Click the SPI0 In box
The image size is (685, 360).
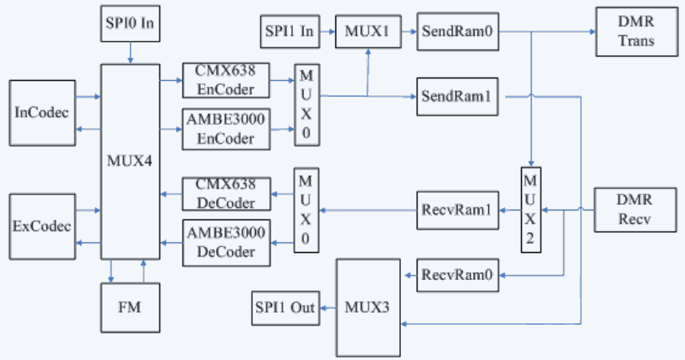(130, 24)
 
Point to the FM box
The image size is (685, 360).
(130, 306)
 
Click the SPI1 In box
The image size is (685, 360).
(288, 32)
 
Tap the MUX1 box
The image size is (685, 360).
(367, 32)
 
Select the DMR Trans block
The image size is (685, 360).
(636, 32)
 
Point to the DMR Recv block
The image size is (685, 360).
(636, 210)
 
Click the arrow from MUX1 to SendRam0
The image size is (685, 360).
(407, 32)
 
